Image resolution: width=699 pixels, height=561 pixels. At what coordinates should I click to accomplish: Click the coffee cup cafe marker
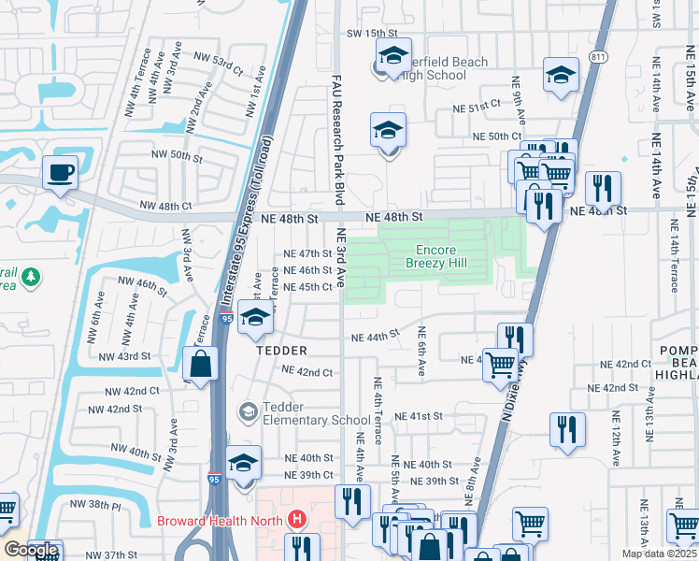click(61, 173)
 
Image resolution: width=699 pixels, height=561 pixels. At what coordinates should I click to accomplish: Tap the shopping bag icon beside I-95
click(201, 364)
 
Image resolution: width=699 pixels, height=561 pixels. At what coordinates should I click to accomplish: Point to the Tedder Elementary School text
click(304, 413)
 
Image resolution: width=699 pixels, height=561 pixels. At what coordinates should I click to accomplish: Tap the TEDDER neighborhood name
click(281, 350)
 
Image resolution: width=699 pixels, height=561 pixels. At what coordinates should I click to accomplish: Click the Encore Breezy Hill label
click(435, 257)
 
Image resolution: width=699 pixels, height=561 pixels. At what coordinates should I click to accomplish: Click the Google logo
click(31, 550)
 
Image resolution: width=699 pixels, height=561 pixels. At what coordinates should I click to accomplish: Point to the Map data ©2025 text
click(658, 554)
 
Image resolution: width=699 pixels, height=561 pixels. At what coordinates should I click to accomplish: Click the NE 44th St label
click(375, 336)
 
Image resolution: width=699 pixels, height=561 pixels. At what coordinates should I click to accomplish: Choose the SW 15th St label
click(367, 33)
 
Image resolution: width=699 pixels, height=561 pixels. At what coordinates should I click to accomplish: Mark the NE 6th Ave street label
click(421, 352)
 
